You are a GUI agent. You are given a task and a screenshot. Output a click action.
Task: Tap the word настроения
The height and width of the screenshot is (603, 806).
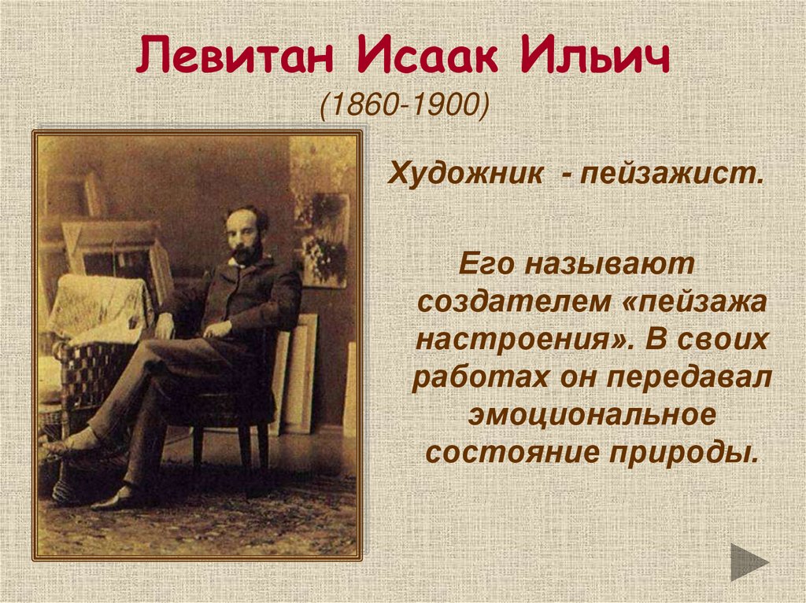pyautogui.click(x=519, y=340)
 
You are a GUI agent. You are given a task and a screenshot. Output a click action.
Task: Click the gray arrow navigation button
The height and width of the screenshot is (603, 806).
pyautogui.click(x=749, y=561)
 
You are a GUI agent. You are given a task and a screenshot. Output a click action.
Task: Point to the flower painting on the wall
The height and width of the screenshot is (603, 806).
pyautogui.click(x=324, y=240)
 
